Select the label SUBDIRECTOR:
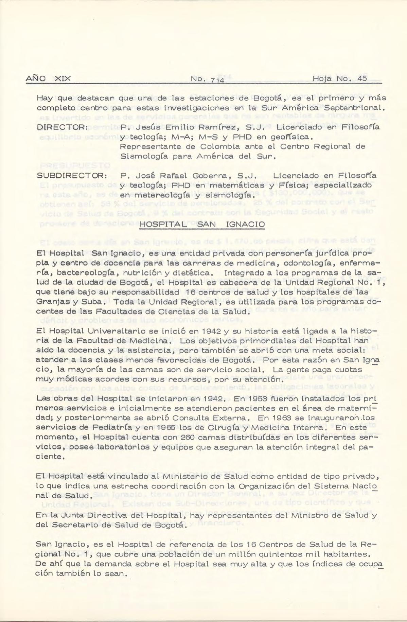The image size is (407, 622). click(x=72, y=176)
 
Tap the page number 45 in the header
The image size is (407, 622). click(x=362, y=78)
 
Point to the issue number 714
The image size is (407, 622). click(x=216, y=81)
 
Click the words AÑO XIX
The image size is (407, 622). click(x=48, y=78)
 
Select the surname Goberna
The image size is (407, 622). click(x=210, y=176)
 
